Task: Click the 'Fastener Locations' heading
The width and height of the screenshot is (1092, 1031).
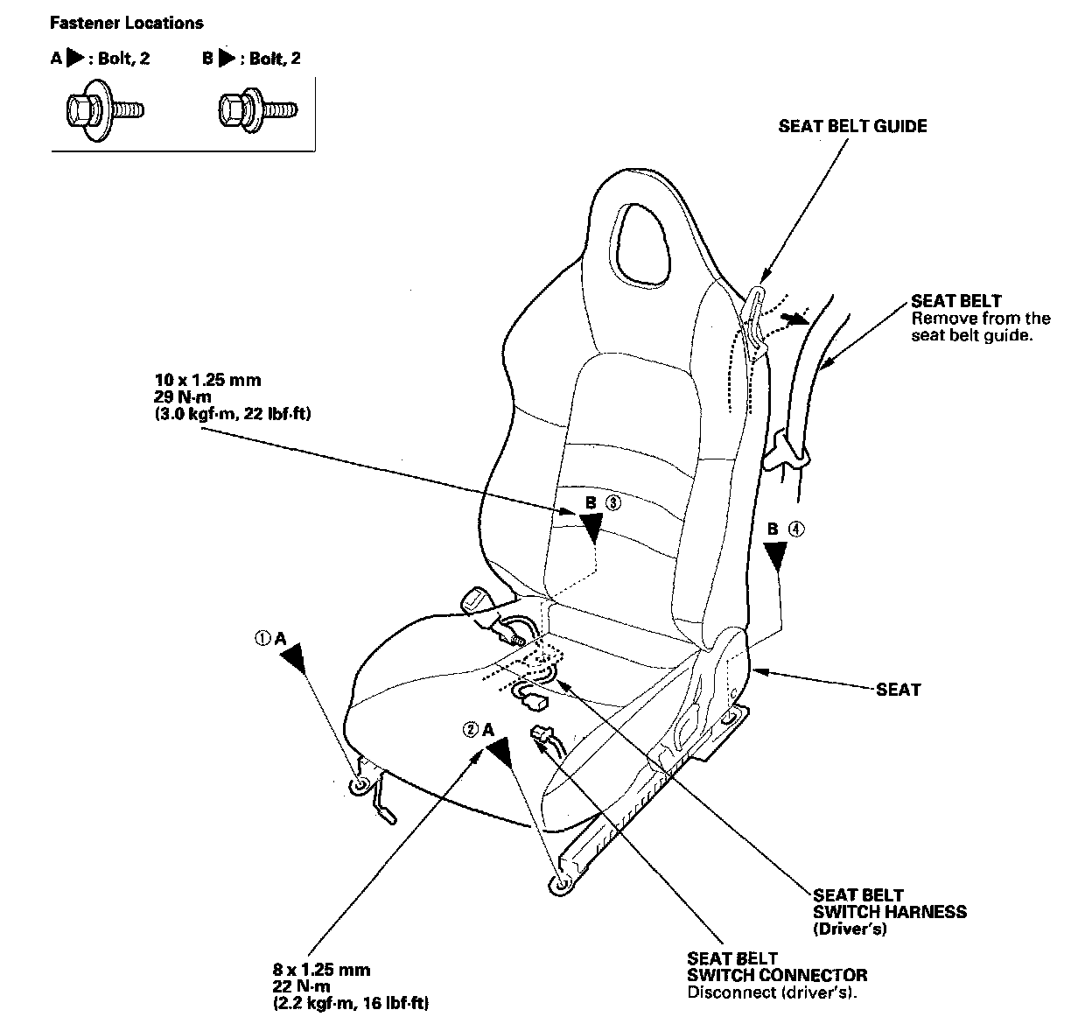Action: click(127, 23)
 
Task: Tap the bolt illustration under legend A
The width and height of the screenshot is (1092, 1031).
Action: click(104, 110)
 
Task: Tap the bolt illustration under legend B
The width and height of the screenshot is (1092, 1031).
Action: click(258, 110)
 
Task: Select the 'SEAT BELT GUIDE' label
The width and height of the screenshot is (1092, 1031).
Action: click(852, 127)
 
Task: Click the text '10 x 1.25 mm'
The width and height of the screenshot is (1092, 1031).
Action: click(208, 380)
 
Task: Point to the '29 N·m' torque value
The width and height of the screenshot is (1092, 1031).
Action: click(183, 396)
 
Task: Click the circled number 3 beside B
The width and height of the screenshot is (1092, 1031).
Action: click(613, 503)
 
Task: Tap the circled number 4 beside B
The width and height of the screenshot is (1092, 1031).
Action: click(796, 530)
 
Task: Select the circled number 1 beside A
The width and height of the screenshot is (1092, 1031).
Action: click(262, 638)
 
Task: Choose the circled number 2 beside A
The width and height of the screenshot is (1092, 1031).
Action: click(471, 730)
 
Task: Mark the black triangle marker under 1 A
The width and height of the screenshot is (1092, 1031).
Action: click(294, 658)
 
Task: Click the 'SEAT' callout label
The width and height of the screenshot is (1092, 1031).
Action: click(899, 690)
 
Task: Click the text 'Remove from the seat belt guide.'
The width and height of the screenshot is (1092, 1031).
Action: click(981, 326)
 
